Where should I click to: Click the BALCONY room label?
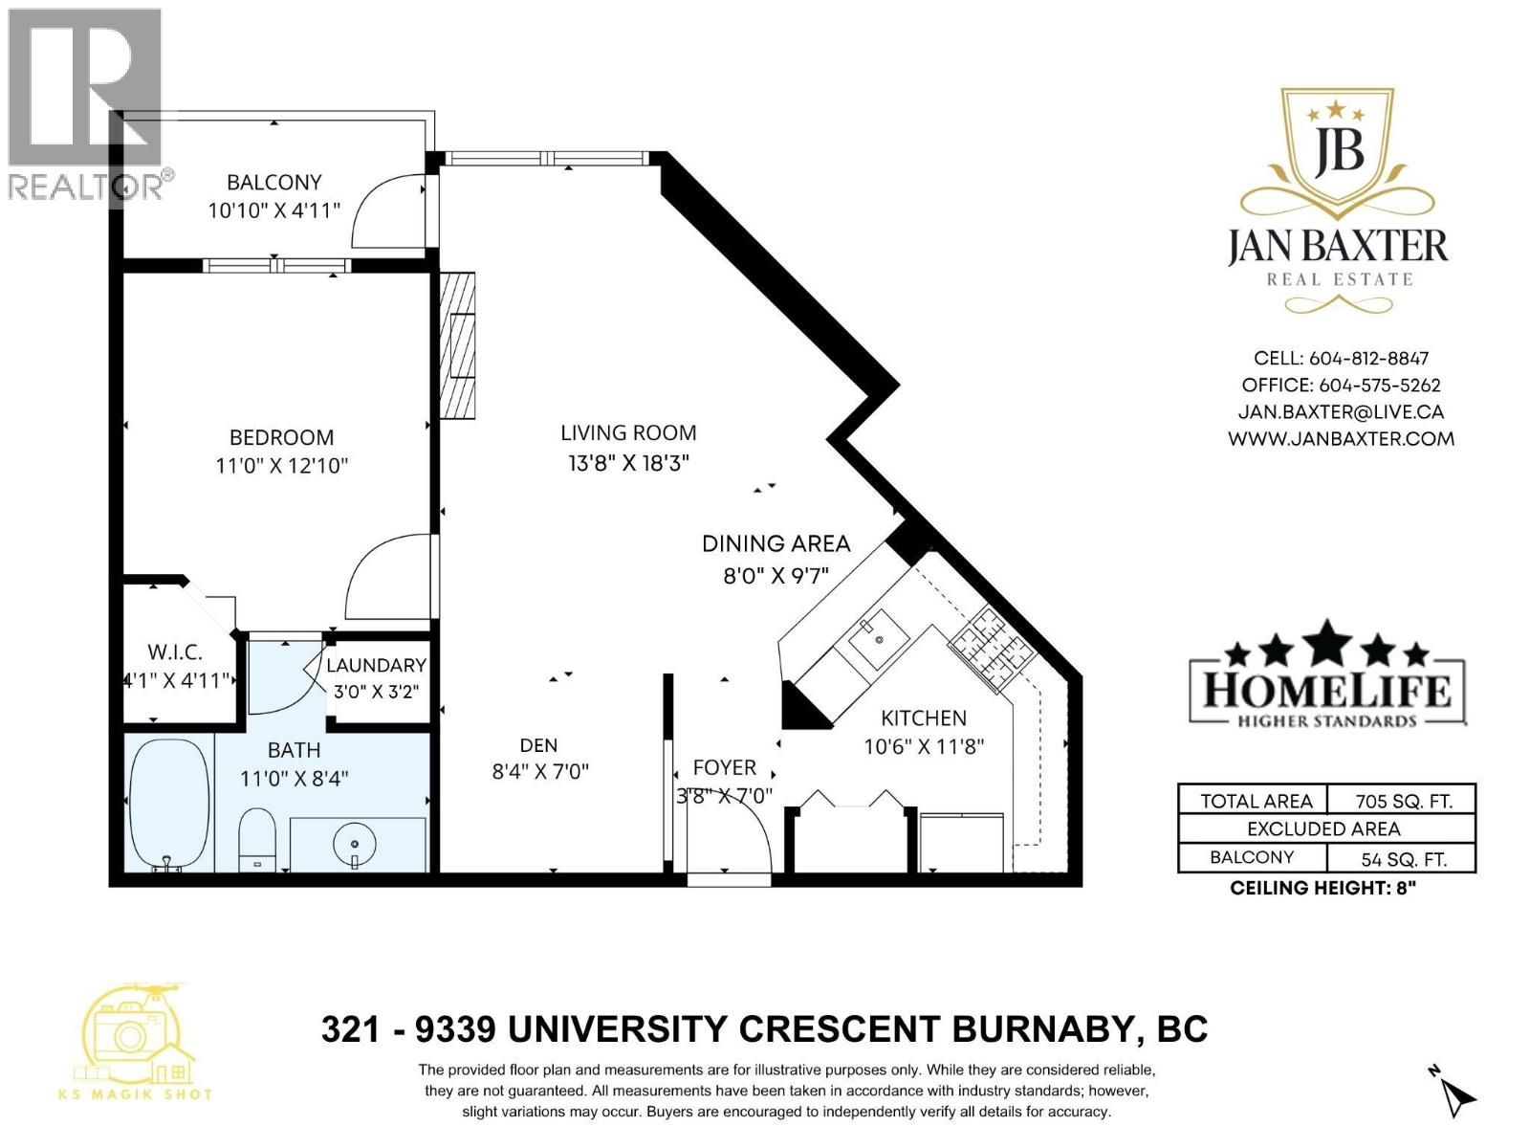(273, 183)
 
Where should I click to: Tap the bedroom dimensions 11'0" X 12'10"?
(281, 465)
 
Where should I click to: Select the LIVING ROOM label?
(628, 432)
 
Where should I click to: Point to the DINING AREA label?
(776, 543)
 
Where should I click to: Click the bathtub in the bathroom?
(170, 805)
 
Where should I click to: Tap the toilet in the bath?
(257, 839)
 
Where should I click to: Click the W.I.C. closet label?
(175, 652)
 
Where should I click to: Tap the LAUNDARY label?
(377, 665)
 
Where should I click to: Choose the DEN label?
(538, 745)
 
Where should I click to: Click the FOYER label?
(724, 767)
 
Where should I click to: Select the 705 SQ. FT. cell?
(1403, 802)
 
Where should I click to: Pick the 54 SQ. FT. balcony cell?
(1403, 859)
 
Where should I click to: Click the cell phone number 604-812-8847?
(1369, 358)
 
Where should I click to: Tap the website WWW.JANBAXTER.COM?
(1341, 439)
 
